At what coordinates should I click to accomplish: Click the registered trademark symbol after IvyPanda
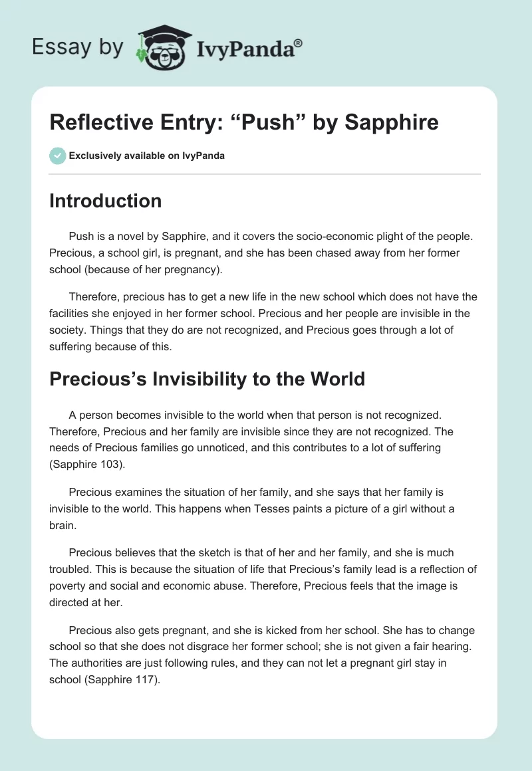(299, 43)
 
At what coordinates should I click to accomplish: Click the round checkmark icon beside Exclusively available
(57, 156)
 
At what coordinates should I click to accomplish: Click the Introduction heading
(105, 201)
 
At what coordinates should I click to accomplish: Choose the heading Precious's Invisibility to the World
(207, 379)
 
